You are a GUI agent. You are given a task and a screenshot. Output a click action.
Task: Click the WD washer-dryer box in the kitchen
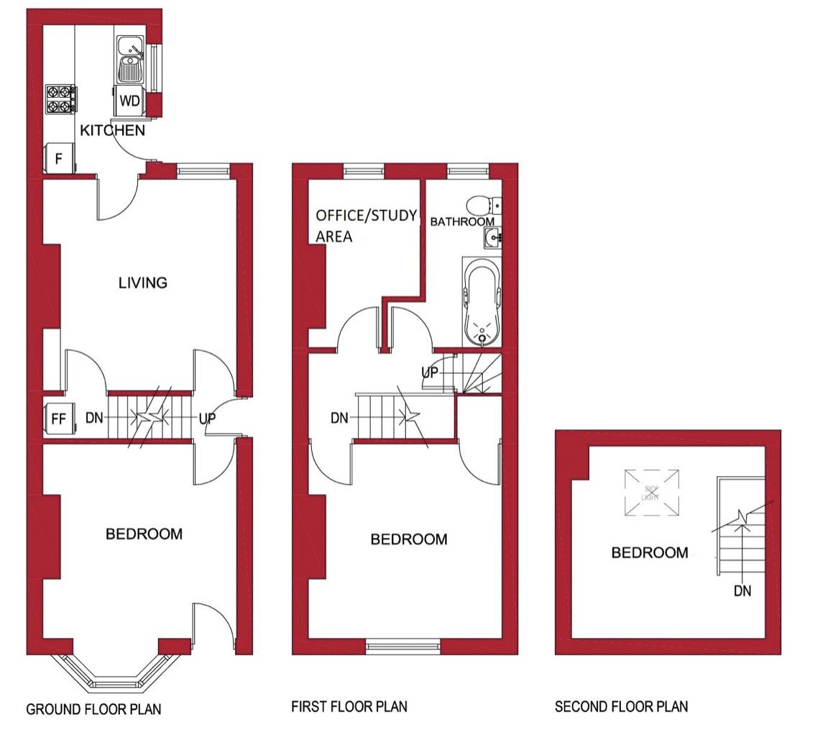pyautogui.click(x=129, y=101)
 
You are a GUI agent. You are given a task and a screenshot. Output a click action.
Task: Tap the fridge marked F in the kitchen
pyautogui.click(x=59, y=158)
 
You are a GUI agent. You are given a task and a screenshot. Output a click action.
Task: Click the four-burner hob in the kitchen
pyautogui.click(x=60, y=99)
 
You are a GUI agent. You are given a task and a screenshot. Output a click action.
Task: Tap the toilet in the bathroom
pyautogui.click(x=479, y=205)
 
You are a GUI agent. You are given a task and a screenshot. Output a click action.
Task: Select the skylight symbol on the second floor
pyautogui.click(x=651, y=493)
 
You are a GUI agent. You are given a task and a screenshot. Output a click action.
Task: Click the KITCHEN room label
pyautogui.click(x=112, y=131)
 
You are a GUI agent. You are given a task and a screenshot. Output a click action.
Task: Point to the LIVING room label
pyautogui.click(x=142, y=283)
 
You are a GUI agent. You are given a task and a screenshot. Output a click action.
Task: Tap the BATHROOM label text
pyautogui.click(x=462, y=222)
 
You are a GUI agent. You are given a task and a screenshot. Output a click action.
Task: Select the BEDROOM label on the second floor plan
pyautogui.click(x=650, y=553)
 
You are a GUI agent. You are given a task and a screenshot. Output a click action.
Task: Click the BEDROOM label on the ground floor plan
pyautogui.click(x=144, y=534)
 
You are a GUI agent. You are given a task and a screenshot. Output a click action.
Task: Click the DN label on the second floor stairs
pyautogui.click(x=742, y=591)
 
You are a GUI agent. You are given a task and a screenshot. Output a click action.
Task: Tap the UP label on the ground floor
pyautogui.click(x=207, y=418)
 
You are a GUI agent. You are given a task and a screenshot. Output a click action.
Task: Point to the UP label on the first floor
pyautogui.click(x=430, y=373)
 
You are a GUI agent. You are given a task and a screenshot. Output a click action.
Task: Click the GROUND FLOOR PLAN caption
pyautogui.click(x=93, y=709)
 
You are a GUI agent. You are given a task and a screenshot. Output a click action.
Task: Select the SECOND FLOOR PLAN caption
pyautogui.click(x=621, y=707)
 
